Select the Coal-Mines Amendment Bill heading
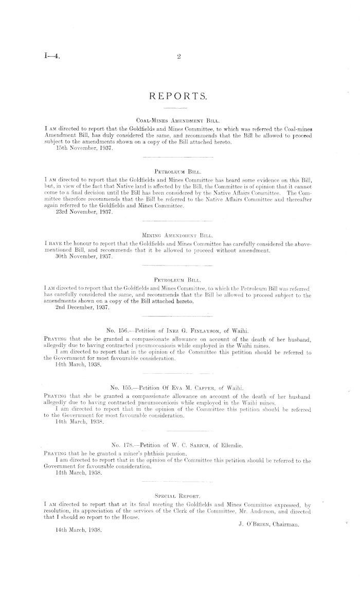(177, 119)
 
